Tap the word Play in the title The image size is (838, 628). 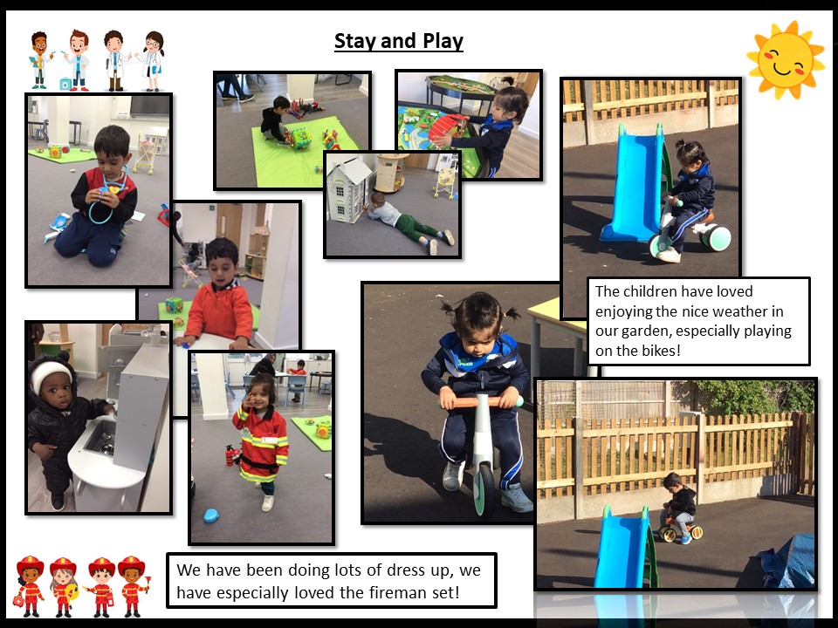(443, 41)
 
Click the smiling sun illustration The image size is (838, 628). (786, 60)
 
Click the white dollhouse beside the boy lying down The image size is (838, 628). (349, 189)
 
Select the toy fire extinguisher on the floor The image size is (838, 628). (231, 455)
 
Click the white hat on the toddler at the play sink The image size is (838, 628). (51, 374)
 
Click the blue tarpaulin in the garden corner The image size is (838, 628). (787, 560)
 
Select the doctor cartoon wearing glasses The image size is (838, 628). (152, 61)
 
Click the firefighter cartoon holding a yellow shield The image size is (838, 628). (64, 586)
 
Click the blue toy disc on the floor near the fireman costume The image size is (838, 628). (211, 515)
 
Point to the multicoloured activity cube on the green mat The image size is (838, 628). (299, 137)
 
